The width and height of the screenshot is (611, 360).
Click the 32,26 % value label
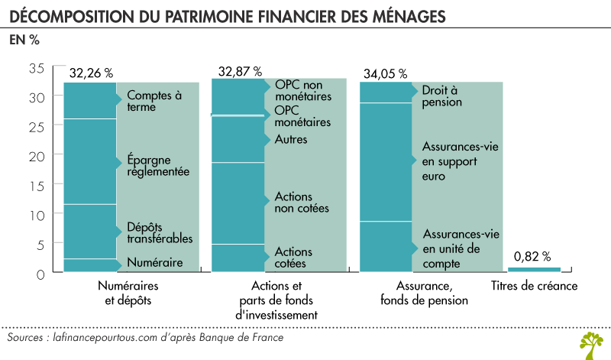coord(90,73)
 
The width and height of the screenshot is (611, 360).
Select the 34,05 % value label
coord(386,74)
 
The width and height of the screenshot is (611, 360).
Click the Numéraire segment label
coord(154,262)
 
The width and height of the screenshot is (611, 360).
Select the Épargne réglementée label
coord(158,167)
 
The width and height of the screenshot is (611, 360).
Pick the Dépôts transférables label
coord(159,233)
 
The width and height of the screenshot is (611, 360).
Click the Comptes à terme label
coord(153,102)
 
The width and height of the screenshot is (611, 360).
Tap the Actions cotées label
coord(293,258)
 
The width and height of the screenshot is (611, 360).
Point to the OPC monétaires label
coord(302,116)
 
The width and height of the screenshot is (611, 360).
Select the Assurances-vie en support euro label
coord(456,161)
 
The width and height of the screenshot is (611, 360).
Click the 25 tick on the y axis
coord(36,126)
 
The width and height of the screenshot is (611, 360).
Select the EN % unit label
coord(24,41)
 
